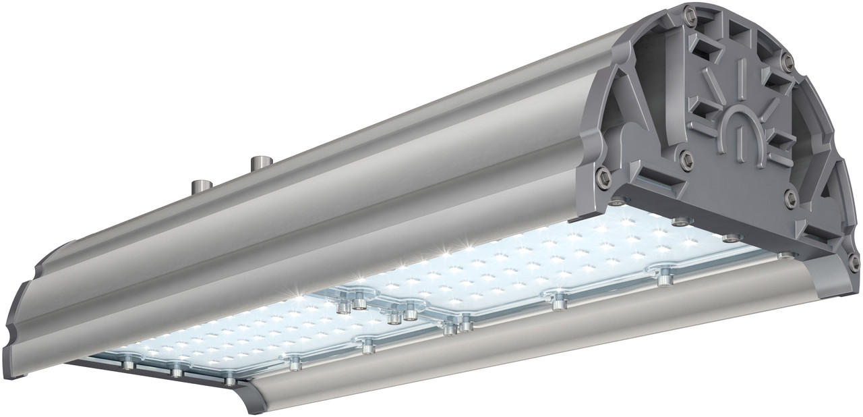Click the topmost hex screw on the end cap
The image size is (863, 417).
[x=689, y=13]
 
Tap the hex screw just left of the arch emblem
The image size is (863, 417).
[x=686, y=159]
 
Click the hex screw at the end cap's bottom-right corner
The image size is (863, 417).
[x=854, y=262]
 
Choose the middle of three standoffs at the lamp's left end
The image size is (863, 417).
[x=177, y=370]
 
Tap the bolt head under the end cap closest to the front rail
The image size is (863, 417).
[x=784, y=256]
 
